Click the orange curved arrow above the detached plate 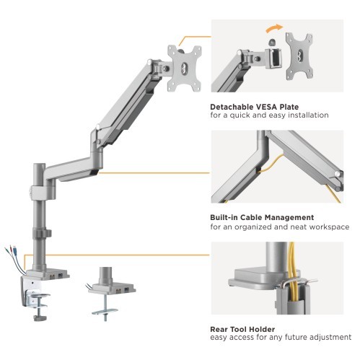(x=274, y=27)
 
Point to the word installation (x=308, y=115)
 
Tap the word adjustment (x=330, y=338)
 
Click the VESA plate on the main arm (x=185, y=69)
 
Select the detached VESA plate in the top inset (x=299, y=56)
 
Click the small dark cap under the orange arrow (x=273, y=42)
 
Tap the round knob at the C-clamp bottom (x=40, y=318)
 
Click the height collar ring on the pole (x=42, y=233)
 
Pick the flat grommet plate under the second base (x=105, y=312)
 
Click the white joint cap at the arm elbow (x=97, y=126)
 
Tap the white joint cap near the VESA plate (x=149, y=61)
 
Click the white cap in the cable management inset (x=338, y=173)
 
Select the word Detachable (x=232, y=107)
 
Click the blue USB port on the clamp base (x=60, y=275)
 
